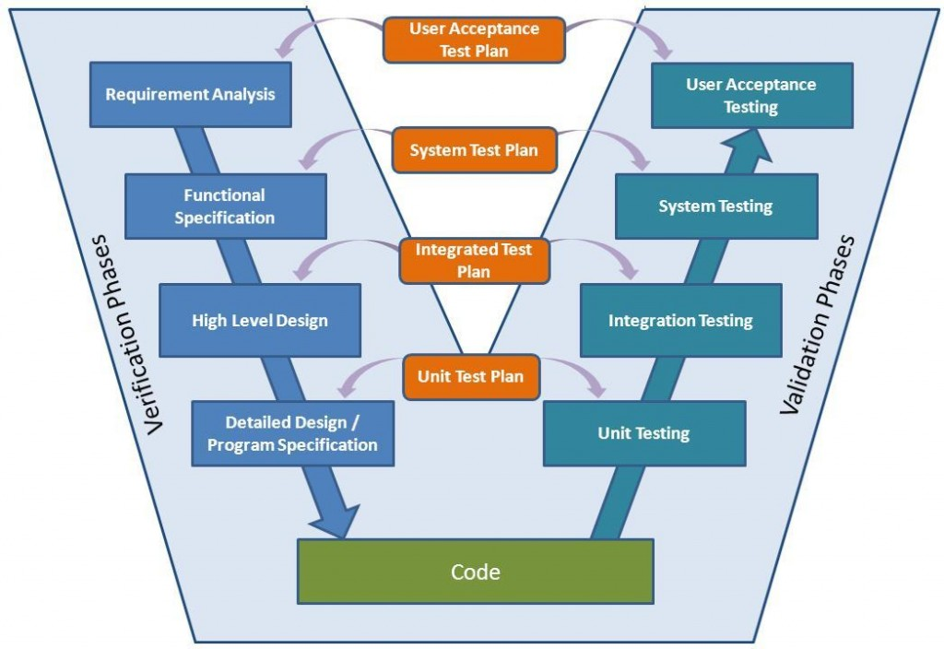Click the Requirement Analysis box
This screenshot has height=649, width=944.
point(190,95)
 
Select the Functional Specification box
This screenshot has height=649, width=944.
point(226,206)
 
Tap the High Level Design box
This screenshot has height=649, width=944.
point(260,320)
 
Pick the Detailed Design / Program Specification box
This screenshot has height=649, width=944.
point(292,433)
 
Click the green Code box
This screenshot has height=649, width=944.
point(476,572)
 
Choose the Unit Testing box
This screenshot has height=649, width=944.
point(644,433)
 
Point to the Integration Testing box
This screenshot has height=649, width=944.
point(681,320)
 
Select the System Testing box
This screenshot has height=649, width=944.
point(716,206)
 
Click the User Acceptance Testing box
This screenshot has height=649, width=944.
point(752,96)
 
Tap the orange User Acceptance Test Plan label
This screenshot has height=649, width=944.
point(475,40)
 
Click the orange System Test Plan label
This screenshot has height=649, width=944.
point(474,150)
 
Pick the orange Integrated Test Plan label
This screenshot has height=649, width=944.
point(474,260)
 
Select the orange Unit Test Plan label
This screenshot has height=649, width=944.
point(471,377)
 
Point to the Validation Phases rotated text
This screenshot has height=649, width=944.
point(817,325)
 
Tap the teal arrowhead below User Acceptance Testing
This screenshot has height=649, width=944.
point(747,147)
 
